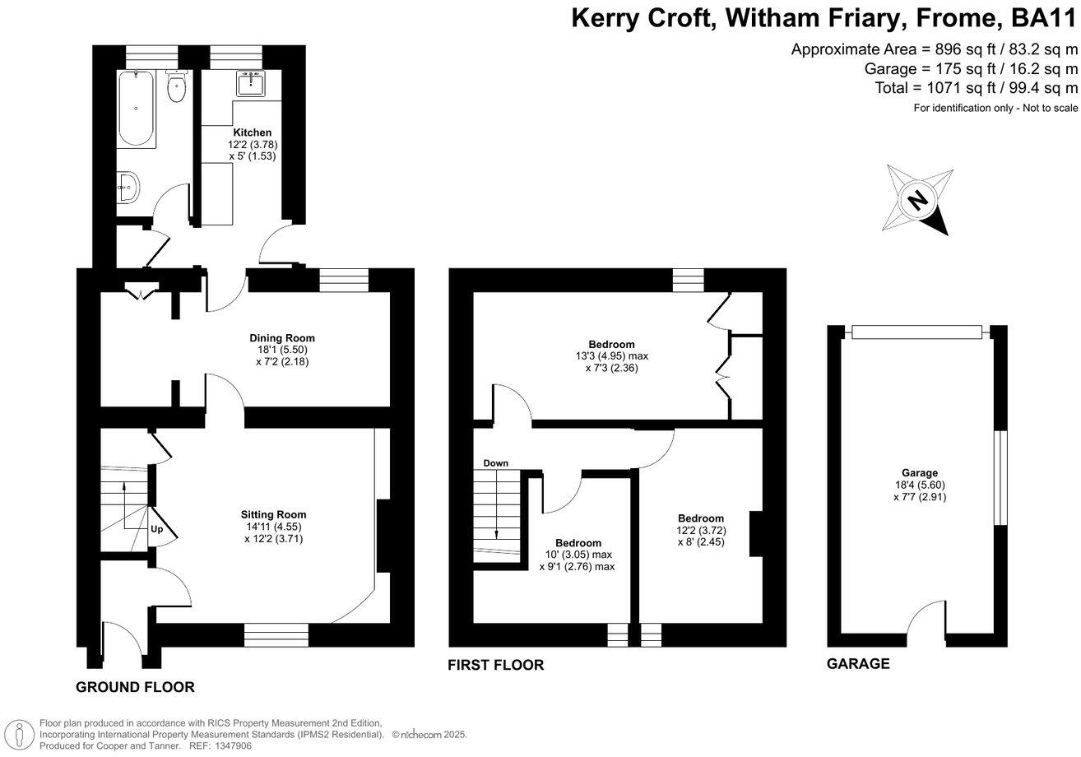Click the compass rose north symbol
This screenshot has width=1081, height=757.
click(917, 200)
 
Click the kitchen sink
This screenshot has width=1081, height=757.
click(249, 84)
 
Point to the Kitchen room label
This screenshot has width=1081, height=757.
click(252, 132)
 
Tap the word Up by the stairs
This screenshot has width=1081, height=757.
click(157, 530)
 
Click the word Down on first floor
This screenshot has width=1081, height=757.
click(495, 463)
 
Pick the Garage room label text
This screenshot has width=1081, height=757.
click(919, 473)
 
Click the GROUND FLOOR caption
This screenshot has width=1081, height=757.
click(135, 687)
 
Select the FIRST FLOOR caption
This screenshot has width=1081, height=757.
click(496, 665)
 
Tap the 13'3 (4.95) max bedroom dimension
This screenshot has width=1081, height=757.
click(611, 356)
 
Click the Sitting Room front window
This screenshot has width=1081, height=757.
click(276, 635)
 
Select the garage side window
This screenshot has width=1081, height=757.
click(1000, 477)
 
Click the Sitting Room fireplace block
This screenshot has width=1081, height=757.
click(383, 535)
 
